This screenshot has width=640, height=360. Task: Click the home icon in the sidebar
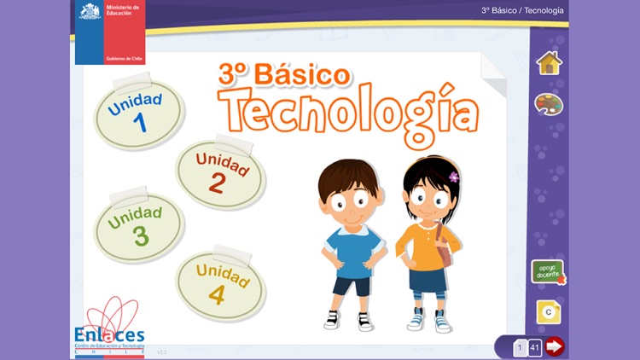[x=549, y=62]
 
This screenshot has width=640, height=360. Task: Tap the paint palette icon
[x=549, y=104]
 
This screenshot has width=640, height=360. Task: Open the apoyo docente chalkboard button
[x=548, y=272]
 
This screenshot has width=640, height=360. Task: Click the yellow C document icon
[x=549, y=313]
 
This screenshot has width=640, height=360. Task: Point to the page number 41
[x=534, y=347]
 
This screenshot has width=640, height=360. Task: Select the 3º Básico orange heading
[x=283, y=74]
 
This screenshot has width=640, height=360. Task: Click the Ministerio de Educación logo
[x=109, y=32]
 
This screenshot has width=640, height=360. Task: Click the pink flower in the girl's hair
[x=454, y=177]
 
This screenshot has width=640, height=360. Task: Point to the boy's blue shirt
[x=351, y=251]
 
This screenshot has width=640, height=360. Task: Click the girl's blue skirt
[x=426, y=278]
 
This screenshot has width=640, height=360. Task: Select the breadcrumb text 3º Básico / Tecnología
[x=521, y=11]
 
